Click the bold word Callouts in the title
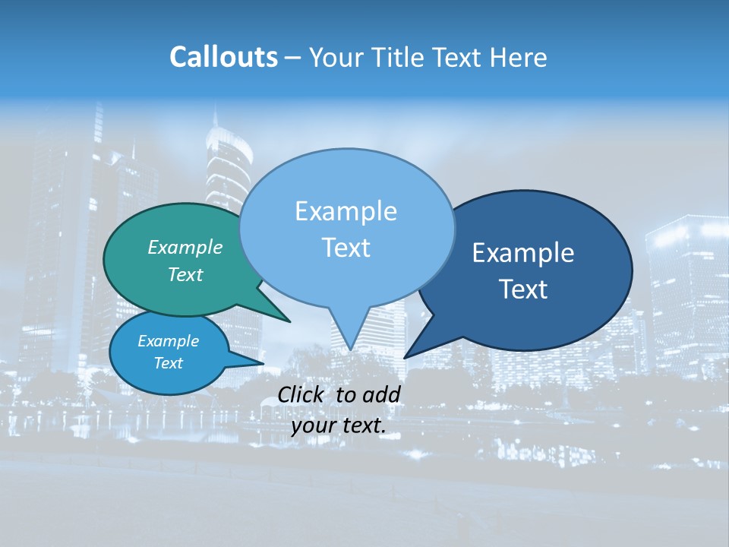point(224,57)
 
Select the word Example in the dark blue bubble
point(523,253)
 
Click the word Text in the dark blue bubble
point(523,289)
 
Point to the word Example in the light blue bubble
point(346,211)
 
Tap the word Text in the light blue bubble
point(346,248)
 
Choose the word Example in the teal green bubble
point(185,247)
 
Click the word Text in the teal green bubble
point(185,274)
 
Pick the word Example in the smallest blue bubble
point(168,341)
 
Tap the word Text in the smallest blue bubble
point(168,363)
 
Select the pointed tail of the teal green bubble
point(287,320)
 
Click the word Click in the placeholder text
point(302,394)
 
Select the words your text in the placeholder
point(338,425)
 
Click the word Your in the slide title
point(336,57)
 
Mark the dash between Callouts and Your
point(293,58)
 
